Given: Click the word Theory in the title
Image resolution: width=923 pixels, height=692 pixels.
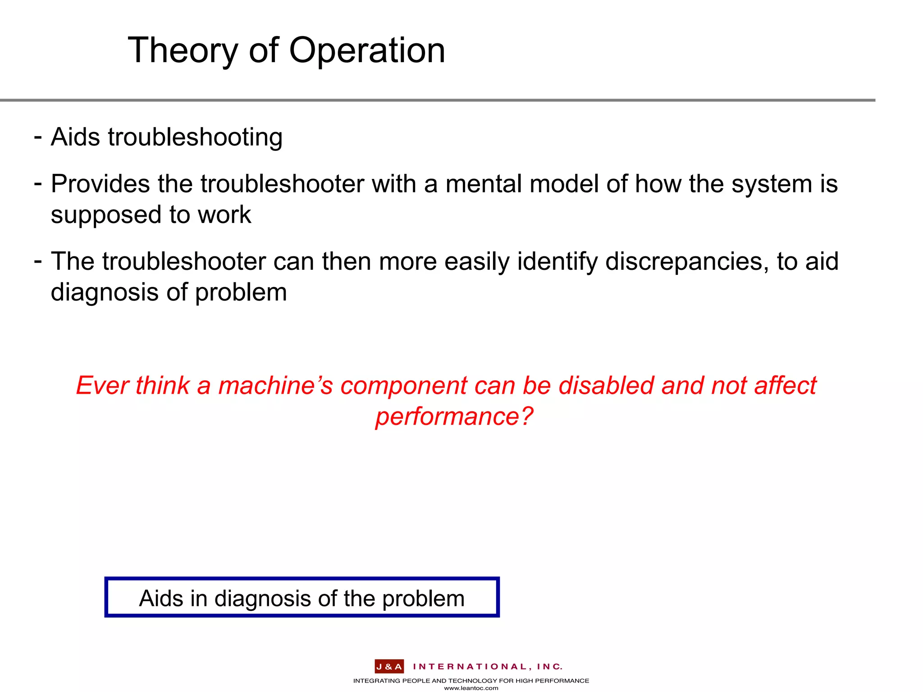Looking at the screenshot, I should click(182, 50).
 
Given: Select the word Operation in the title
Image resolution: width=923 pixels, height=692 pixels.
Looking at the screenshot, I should click(367, 50).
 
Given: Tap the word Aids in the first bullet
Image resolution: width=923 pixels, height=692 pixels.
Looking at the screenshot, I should click(75, 137).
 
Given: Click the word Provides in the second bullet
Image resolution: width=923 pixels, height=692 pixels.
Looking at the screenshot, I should click(100, 184).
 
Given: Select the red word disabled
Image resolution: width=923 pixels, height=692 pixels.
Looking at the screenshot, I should click(606, 386).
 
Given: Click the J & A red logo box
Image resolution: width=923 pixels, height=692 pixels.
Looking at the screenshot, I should click(389, 667).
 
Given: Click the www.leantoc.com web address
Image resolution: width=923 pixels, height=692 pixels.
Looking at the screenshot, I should click(471, 688).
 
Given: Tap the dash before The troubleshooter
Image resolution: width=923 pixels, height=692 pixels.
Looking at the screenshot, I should click(38, 260).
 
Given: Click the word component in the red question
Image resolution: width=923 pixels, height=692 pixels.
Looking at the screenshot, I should click(404, 386).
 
